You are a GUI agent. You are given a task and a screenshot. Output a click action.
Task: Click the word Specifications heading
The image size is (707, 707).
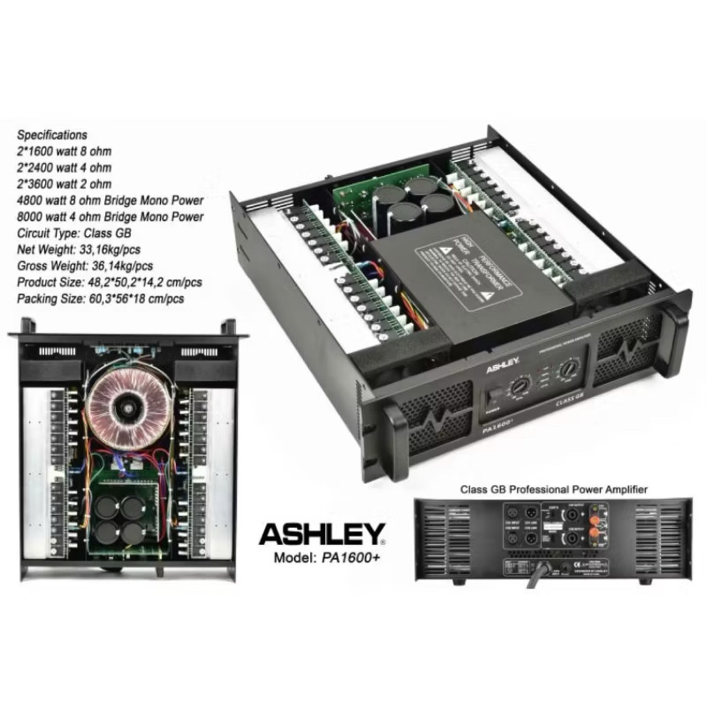click(52, 135)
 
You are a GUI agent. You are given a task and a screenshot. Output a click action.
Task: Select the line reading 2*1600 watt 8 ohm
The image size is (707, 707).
click(64, 151)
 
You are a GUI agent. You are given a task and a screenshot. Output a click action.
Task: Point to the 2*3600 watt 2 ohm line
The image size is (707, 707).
click(64, 184)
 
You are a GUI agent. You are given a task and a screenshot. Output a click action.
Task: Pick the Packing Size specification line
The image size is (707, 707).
click(100, 299)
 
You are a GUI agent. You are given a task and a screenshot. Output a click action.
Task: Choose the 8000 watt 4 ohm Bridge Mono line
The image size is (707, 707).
click(110, 217)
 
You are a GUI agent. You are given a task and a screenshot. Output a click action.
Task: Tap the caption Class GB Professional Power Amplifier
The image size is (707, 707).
click(554, 490)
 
